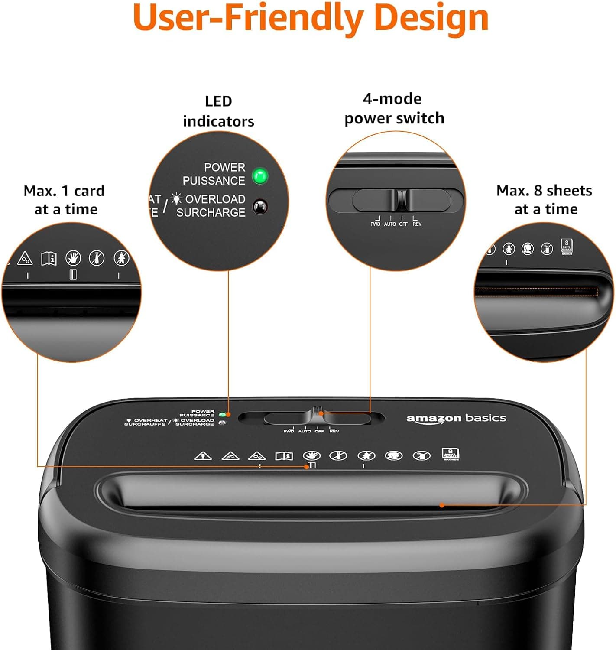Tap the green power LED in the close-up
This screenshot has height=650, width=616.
(x=260, y=176)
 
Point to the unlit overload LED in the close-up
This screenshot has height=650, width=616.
(x=260, y=207)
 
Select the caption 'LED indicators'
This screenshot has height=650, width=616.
(x=218, y=111)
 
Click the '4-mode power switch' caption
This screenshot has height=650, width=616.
(x=394, y=108)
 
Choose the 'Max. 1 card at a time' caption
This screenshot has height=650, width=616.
(x=65, y=200)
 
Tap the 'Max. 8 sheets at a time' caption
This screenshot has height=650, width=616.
(x=545, y=200)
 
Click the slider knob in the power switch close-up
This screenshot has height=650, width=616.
(x=402, y=200)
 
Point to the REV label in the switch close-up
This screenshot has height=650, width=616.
(x=417, y=224)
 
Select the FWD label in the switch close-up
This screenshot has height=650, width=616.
(x=375, y=224)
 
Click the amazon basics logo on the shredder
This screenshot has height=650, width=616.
(x=456, y=418)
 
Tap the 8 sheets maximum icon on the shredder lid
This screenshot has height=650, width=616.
(x=450, y=454)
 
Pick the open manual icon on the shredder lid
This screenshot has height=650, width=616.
(x=284, y=456)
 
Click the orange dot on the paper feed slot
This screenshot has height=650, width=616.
(x=441, y=505)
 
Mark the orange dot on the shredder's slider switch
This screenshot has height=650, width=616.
(x=321, y=413)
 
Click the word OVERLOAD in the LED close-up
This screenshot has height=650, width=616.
(x=215, y=199)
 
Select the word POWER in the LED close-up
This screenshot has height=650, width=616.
(x=224, y=167)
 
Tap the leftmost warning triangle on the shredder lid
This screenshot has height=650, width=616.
(x=202, y=456)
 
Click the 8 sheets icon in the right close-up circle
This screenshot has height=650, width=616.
(x=567, y=246)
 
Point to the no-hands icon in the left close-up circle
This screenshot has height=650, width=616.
(x=73, y=258)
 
